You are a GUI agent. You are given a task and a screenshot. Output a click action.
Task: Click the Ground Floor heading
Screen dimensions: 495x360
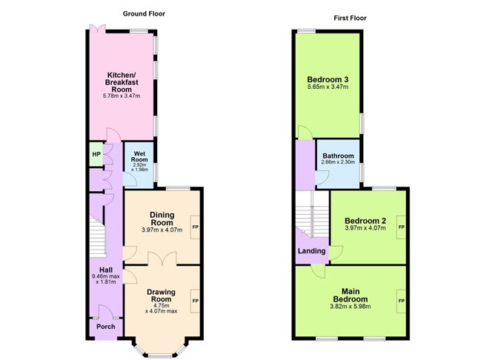(144, 13)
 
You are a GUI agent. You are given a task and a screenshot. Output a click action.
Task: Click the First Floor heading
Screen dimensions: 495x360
(350, 18)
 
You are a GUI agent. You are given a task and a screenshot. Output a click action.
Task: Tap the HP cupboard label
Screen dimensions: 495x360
(96, 154)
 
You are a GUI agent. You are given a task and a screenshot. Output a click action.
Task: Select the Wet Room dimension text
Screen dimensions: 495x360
(139, 167)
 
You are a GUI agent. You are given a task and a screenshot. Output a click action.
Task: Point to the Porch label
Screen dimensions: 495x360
(106, 327)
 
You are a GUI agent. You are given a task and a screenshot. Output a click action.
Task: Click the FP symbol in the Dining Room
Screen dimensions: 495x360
(196, 227)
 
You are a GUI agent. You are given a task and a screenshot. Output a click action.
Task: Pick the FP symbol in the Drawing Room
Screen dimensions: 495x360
(196, 301)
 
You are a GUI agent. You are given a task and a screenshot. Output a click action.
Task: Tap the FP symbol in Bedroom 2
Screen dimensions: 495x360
(401, 227)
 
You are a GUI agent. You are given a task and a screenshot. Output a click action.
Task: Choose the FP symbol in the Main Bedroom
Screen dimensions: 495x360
(401, 301)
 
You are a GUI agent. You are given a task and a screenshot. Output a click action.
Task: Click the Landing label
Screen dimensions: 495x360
(311, 251)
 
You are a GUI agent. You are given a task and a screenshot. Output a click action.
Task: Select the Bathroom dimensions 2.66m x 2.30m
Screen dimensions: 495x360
(338, 162)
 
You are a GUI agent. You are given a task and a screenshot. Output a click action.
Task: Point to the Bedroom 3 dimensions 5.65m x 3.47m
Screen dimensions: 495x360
(328, 87)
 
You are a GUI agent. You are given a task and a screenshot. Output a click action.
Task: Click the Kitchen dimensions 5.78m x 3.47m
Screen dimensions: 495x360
(122, 96)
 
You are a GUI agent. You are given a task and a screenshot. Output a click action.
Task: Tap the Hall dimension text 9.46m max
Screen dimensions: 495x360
(106, 276)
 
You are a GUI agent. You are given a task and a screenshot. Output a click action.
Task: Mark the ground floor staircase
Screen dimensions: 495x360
(98, 236)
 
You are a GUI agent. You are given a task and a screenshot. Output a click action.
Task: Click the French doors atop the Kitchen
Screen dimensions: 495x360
(98, 29)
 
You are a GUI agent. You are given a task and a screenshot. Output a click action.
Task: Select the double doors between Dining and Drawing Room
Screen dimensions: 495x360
(162, 258)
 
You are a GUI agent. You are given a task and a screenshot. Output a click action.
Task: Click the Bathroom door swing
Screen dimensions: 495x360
(322, 179)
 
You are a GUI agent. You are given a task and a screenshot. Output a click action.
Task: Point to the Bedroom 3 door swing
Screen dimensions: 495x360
(305, 132)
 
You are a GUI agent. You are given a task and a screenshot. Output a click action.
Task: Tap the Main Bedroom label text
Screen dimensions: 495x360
(351, 296)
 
